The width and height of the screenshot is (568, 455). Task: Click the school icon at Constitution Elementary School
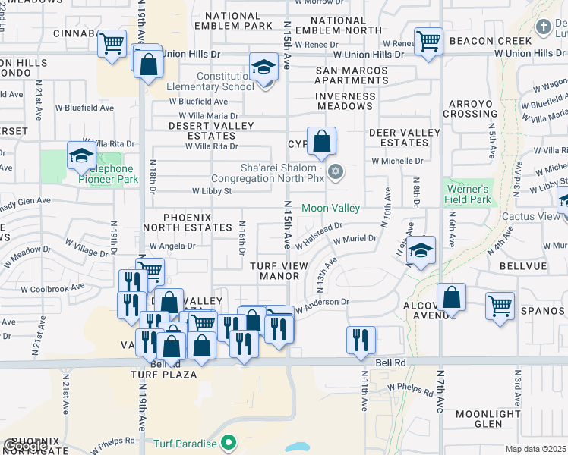pos(263,67)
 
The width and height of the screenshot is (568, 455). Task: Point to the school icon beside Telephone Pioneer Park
pos(80,155)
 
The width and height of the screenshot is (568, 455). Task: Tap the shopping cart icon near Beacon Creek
pos(428,42)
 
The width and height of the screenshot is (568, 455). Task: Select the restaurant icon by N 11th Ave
pos(361,339)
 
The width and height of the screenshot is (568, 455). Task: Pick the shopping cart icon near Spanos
pos(500,306)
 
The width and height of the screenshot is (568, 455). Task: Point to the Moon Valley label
pos(330,208)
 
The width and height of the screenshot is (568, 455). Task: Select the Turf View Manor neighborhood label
pos(279,271)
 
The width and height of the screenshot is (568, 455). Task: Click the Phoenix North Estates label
pos(187,222)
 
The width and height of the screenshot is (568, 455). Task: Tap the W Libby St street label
pos(212,192)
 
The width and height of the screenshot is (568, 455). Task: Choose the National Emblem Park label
pos(232,20)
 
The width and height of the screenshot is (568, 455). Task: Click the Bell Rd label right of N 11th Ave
pos(393,362)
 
